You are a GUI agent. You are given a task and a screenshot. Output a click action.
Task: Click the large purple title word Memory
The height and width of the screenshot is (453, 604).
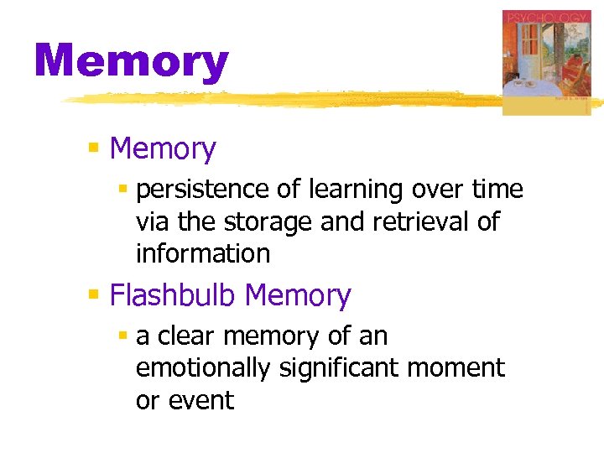[x=131, y=62]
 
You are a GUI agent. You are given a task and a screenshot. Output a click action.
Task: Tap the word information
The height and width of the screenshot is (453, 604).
[x=202, y=253]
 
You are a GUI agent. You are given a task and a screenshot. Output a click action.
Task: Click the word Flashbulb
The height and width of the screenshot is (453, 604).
[x=174, y=295]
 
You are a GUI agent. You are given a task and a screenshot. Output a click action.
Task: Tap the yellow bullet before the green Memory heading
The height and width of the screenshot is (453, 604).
[x=94, y=149]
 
